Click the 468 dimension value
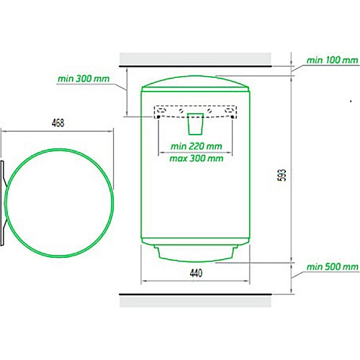58,123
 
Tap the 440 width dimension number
196,273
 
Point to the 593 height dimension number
283,175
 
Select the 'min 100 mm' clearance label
333,60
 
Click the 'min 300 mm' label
84,78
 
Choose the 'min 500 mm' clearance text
333,266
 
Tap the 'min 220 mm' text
197,146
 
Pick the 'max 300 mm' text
197,158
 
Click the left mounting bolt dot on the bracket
158,117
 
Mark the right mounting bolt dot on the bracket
232,117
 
